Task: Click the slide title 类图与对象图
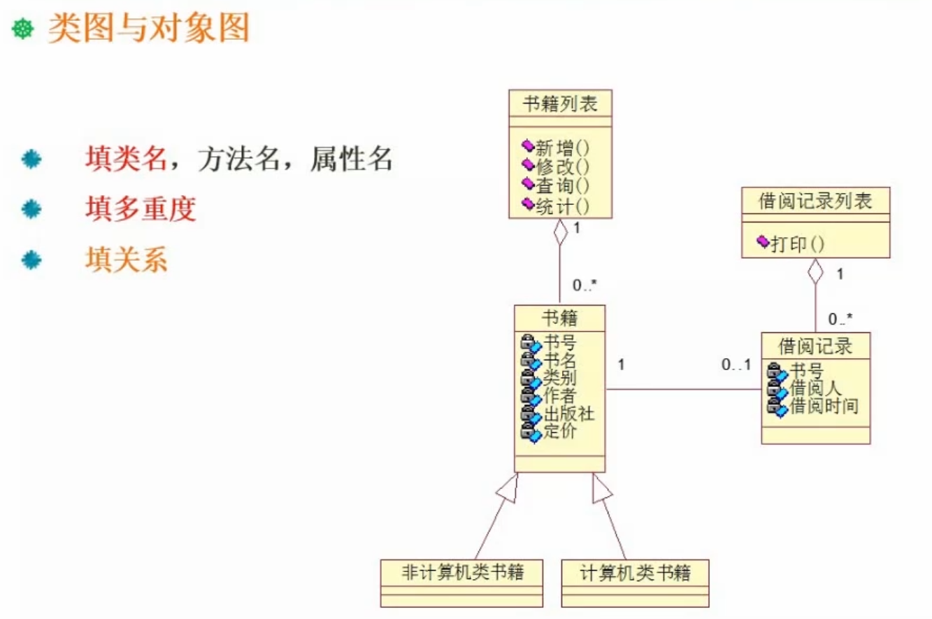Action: [148, 29]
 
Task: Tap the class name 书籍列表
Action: [559, 105]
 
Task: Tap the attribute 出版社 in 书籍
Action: [568, 414]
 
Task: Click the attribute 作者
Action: [560, 396]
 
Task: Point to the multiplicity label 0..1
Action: [736, 364]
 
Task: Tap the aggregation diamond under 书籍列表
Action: [560, 233]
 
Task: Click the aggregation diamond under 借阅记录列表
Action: [815, 273]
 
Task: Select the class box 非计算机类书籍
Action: [462, 574]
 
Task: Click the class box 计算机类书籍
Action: [635, 574]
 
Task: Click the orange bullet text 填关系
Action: [127, 259]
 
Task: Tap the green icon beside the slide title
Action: [23, 30]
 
